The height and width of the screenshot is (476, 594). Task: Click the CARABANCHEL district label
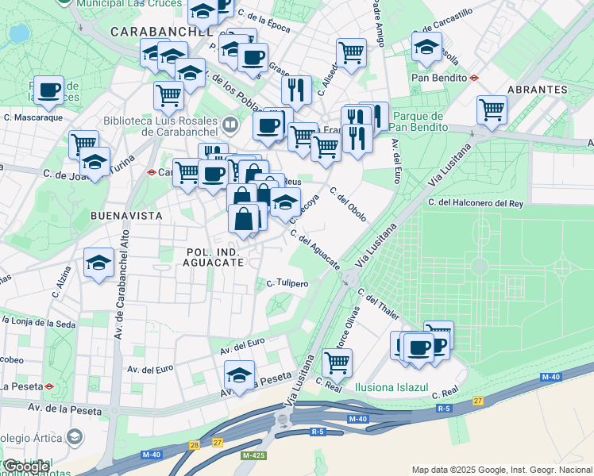162,32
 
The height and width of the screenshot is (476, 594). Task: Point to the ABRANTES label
535,90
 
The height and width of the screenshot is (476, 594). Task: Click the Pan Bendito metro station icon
474,78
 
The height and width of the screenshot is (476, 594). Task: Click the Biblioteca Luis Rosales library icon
229,124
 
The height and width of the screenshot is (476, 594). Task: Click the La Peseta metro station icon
49,386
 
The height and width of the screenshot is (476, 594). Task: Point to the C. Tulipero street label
287,282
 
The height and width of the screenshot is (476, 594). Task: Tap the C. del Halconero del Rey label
475,203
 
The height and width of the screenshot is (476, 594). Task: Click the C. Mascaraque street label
33,117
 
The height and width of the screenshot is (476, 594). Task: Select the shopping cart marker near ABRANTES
492,109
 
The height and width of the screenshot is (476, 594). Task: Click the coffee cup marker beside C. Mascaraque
48,90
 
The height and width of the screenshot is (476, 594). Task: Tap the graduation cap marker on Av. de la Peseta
239,374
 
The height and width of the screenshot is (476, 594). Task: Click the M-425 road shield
253,455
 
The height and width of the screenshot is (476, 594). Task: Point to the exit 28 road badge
194,446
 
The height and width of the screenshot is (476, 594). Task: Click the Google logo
26,466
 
